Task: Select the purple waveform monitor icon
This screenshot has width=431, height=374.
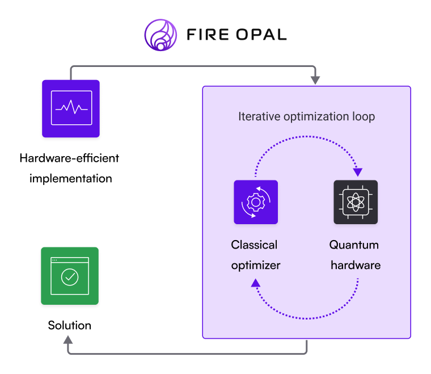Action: [x=71, y=108]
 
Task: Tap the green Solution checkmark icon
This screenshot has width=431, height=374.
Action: [x=70, y=276]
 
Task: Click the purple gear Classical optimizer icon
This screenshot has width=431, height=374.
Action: [x=256, y=202]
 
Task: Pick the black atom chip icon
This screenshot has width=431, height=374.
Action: [x=356, y=202]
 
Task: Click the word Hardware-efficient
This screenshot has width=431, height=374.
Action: [x=70, y=157]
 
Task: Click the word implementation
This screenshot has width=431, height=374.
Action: [x=71, y=178]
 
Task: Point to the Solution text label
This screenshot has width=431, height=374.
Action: [x=70, y=325]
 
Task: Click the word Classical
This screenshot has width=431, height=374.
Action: [x=254, y=245]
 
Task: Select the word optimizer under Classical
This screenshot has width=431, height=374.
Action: [x=256, y=265]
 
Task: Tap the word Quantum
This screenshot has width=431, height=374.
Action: [x=354, y=245]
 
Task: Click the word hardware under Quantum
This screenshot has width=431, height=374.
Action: [x=356, y=265]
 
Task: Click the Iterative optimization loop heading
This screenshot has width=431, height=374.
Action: [x=306, y=117]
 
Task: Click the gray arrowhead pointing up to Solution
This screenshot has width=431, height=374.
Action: [x=68, y=340]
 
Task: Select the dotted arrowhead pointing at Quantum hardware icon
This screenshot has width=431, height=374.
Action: [x=357, y=171]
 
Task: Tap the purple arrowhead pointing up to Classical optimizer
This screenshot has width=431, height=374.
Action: [x=256, y=282]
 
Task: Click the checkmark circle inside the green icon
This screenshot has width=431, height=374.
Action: [x=70, y=277]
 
